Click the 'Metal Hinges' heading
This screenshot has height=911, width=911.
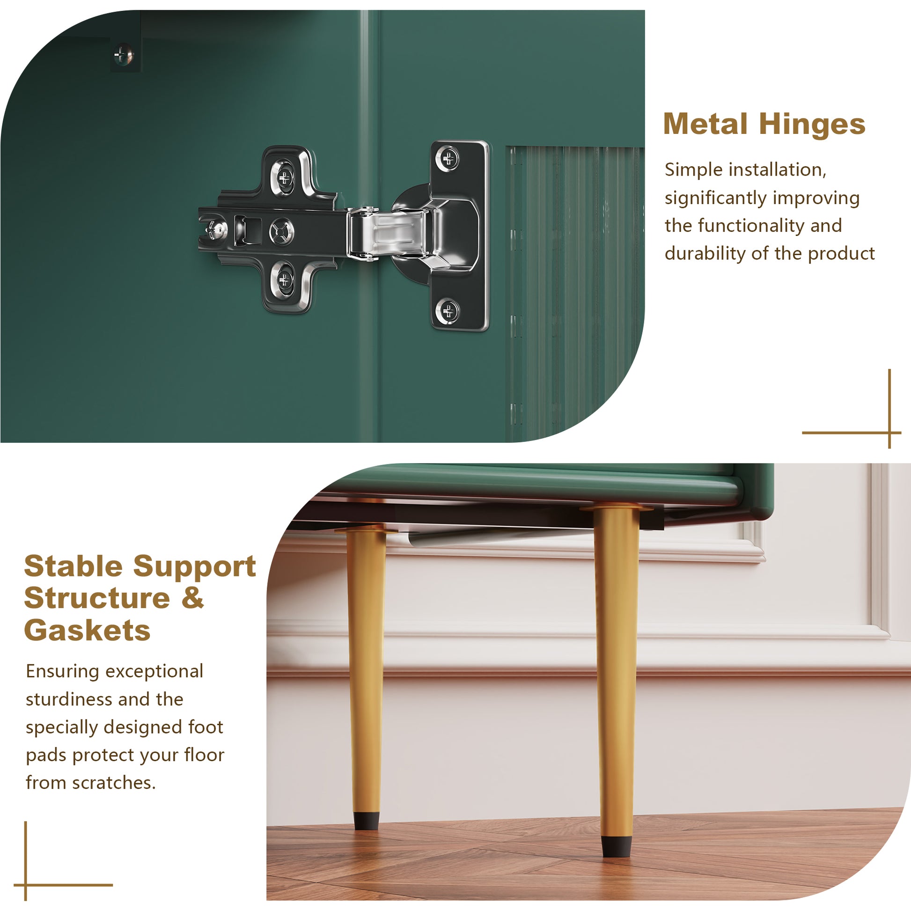pos(764,125)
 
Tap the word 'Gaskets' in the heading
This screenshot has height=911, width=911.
pos(87,631)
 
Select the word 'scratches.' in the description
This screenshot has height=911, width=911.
pos(114,783)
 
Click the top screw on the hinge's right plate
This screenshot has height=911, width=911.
pos(448,158)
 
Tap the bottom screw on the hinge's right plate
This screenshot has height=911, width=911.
pos(448,310)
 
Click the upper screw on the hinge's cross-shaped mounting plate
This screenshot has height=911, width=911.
pos(284,178)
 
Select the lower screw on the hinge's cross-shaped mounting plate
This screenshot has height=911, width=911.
pos(284,280)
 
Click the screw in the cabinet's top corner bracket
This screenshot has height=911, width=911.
pos(124,55)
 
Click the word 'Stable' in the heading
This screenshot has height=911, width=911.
pos(73,566)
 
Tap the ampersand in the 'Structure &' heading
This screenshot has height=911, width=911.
pos(192,598)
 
